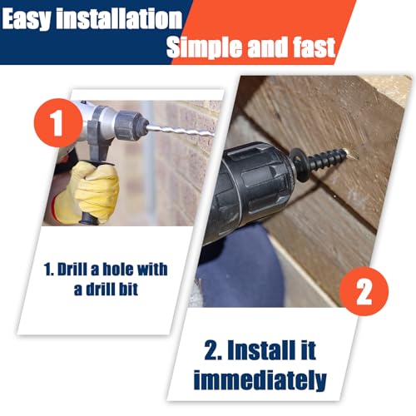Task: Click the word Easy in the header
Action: coord(27,19)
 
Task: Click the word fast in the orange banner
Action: coord(314,47)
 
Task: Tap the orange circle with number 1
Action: coord(58,122)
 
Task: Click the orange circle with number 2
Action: coord(364,291)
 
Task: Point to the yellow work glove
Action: coord(89,192)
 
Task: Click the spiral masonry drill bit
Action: coord(181,131)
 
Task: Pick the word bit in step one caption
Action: coord(126,289)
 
